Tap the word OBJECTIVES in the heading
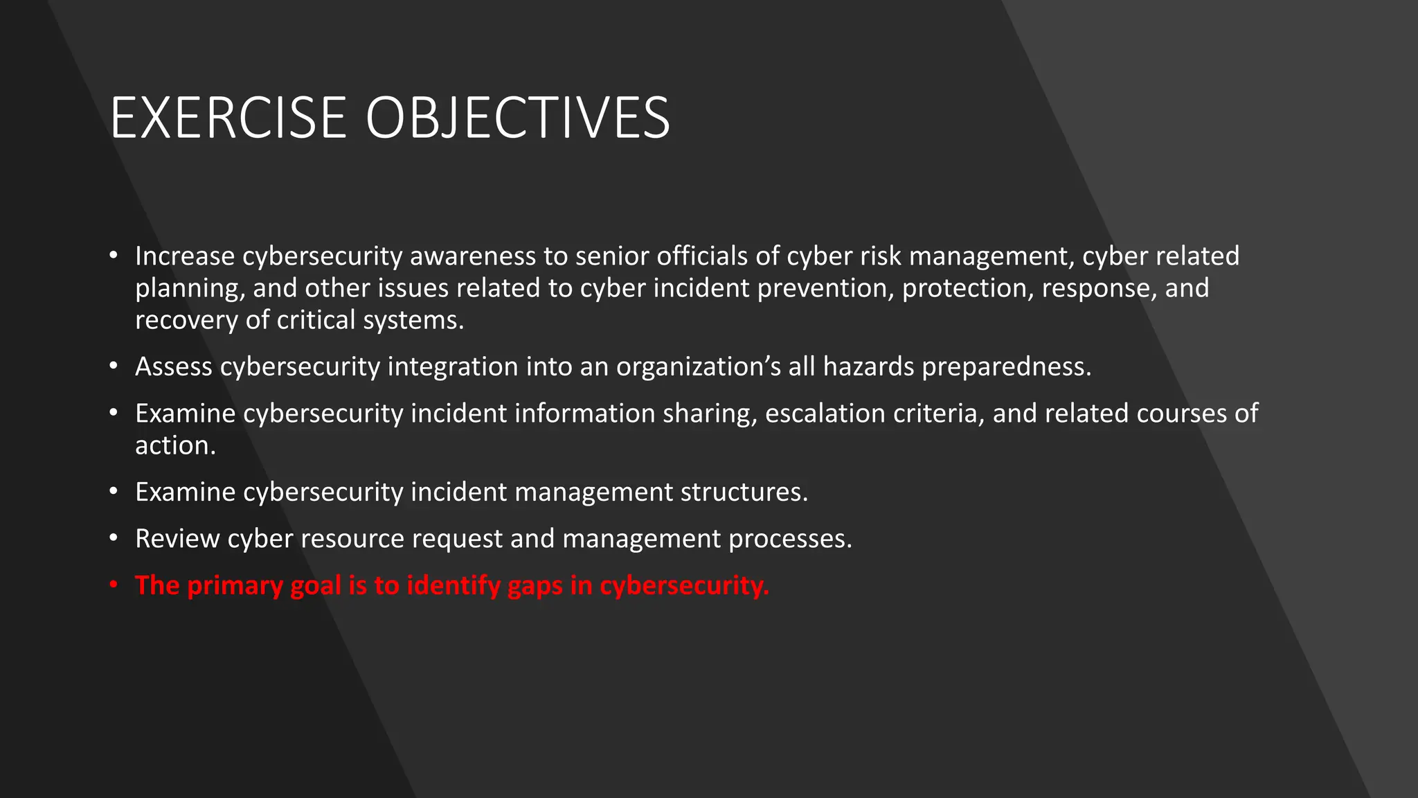[x=517, y=118]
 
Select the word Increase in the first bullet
[x=185, y=256]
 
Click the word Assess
[x=173, y=366]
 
